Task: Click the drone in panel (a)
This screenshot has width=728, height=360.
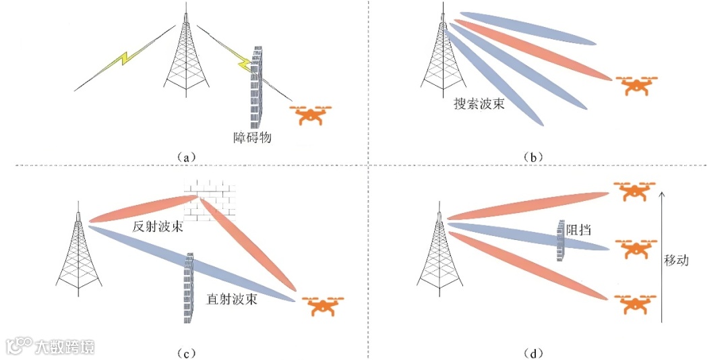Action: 310,115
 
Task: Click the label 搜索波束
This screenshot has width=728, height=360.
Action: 479,105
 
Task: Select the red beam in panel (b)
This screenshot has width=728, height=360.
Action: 533,51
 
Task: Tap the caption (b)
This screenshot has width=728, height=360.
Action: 533,157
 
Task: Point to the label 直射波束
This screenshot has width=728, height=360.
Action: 231,299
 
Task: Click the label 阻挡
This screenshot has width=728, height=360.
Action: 579,230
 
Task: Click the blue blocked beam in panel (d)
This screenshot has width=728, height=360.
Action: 512,233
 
